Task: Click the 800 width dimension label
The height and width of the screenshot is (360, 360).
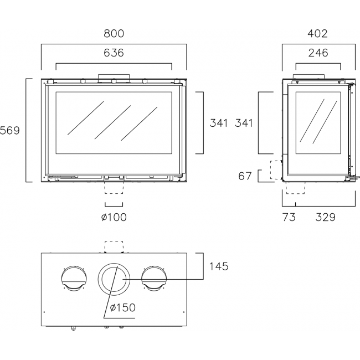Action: click(x=114, y=34)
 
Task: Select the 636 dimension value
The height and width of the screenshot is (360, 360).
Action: click(x=114, y=53)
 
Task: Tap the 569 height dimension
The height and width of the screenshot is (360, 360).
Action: click(x=9, y=130)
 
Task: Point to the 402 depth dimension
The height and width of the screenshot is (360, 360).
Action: click(x=317, y=34)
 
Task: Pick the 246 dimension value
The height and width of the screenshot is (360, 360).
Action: click(x=318, y=53)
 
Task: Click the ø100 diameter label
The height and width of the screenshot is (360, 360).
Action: click(x=114, y=217)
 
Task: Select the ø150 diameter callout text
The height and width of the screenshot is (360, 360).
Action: click(x=122, y=307)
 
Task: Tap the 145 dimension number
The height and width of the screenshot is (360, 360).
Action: click(x=219, y=266)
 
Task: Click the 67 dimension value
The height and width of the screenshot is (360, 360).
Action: click(x=245, y=176)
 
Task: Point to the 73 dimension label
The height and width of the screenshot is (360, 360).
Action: click(x=289, y=217)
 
